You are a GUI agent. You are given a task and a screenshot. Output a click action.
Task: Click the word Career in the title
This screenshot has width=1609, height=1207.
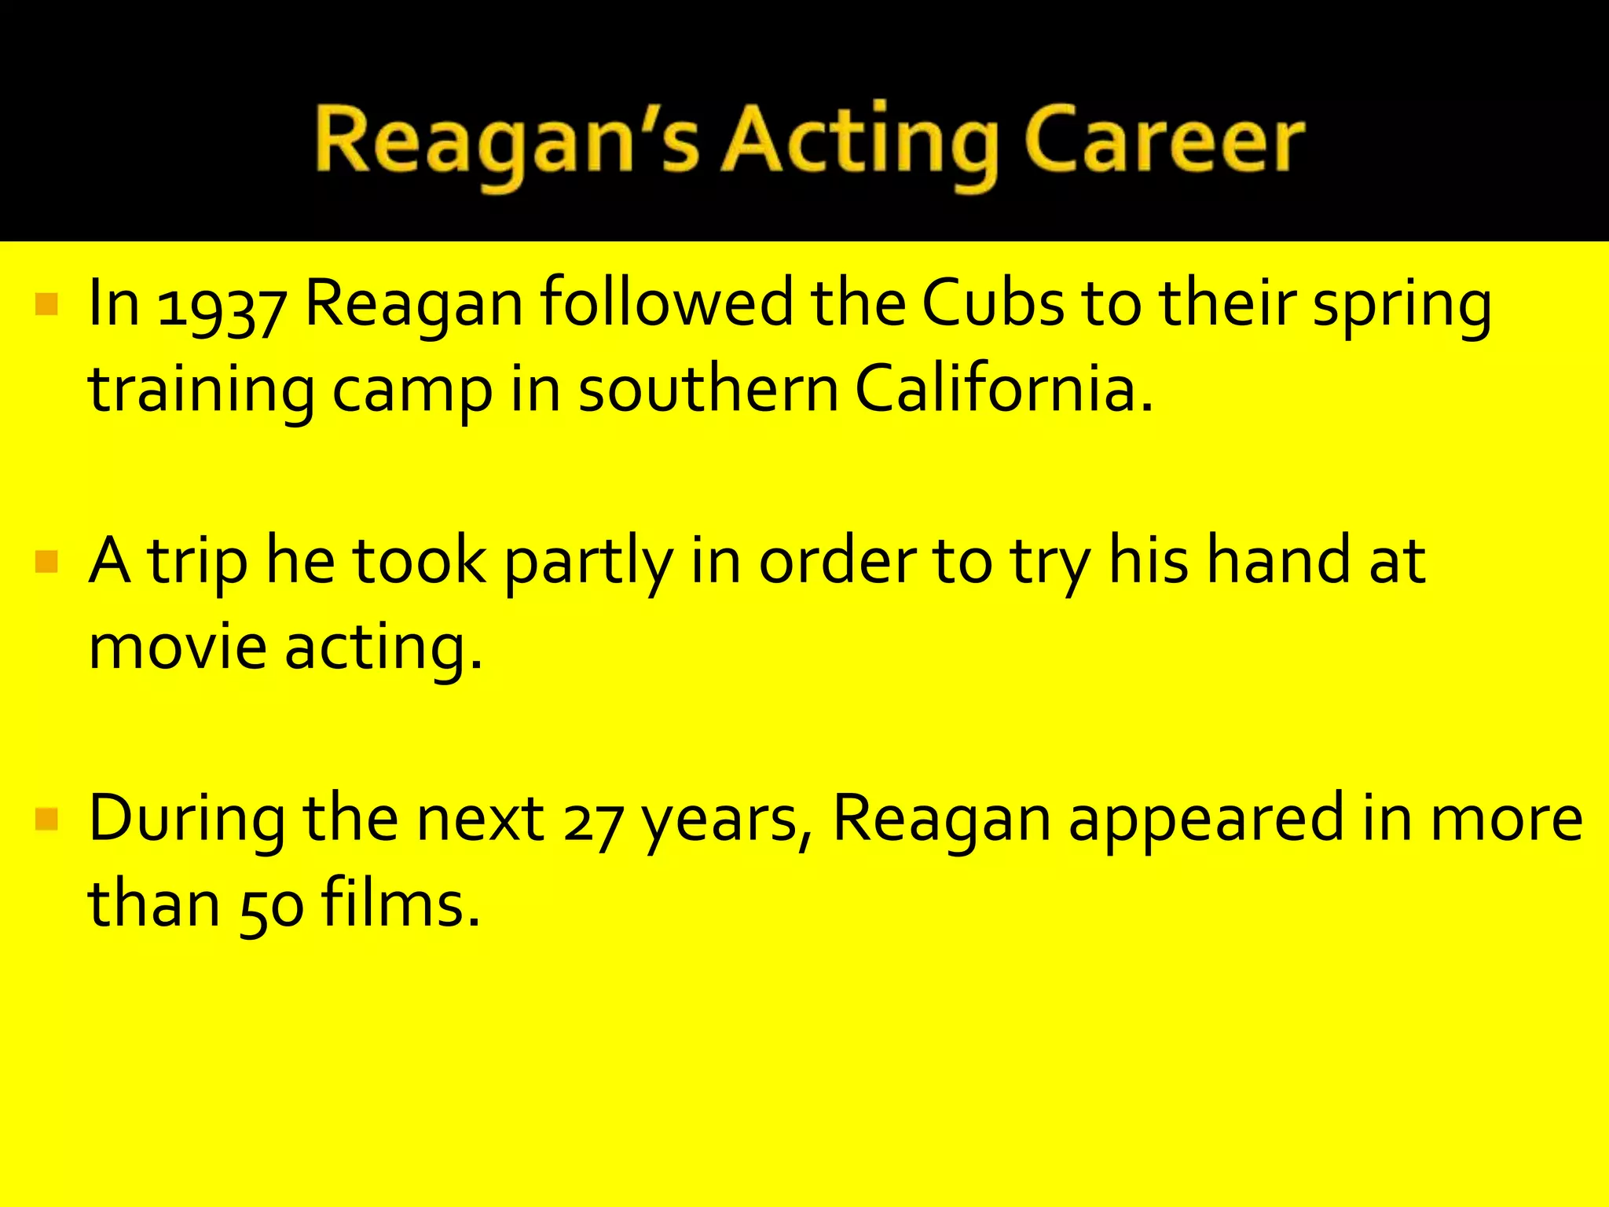coord(1163,141)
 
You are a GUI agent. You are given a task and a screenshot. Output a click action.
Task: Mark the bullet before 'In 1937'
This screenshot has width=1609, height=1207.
coord(47,304)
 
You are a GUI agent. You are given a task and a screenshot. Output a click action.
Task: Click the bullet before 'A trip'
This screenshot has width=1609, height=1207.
coord(47,562)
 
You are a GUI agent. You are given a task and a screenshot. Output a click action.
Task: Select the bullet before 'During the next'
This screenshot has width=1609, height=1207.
coord(47,820)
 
